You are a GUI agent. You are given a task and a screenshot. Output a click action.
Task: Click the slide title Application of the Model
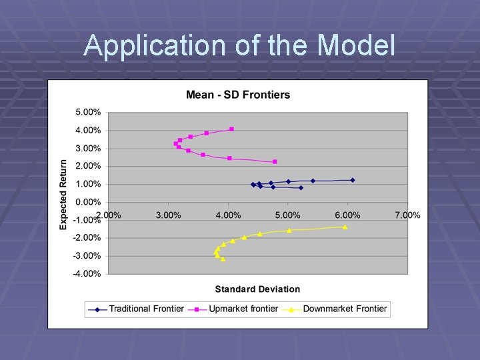click(239, 46)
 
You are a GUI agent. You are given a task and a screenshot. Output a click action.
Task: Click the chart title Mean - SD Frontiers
click(238, 95)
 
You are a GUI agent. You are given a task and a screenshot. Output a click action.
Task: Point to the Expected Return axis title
click(63, 194)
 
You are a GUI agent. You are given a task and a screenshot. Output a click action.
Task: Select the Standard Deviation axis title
click(257, 289)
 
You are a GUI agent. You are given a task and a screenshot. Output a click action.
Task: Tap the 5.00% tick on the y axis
click(87, 112)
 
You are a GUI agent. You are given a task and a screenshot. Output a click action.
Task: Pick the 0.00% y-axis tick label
click(87, 202)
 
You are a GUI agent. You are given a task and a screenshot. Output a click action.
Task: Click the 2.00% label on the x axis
click(108, 215)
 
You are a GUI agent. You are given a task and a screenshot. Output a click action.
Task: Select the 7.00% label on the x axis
click(407, 215)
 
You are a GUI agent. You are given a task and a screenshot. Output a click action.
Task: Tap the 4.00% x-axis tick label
click(228, 215)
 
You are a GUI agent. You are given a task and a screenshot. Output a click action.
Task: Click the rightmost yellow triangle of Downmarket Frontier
click(345, 227)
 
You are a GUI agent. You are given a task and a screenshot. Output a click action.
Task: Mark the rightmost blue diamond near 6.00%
click(353, 180)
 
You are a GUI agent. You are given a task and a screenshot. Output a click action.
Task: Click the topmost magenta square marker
click(232, 129)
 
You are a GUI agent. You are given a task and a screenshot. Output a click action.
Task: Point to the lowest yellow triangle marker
click(223, 259)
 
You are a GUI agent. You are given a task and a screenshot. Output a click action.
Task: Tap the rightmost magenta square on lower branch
click(275, 161)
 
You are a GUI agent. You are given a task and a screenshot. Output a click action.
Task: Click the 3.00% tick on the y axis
click(87, 148)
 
